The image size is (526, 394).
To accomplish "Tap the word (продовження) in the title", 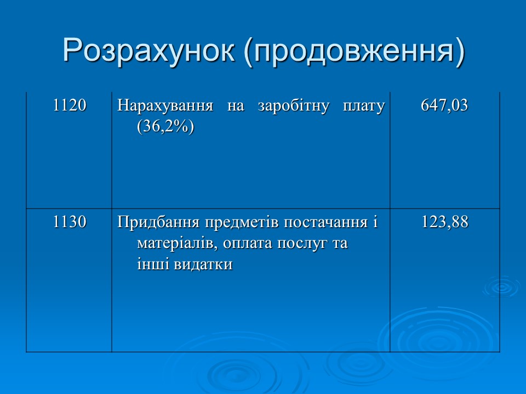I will tap(354, 51).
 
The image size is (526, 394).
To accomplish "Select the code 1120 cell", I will tap(70, 105).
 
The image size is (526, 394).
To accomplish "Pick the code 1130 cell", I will tap(70, 222).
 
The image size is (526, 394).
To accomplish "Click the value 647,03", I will tap(444, 105).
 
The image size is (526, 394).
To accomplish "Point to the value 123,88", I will tap(444, 222).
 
